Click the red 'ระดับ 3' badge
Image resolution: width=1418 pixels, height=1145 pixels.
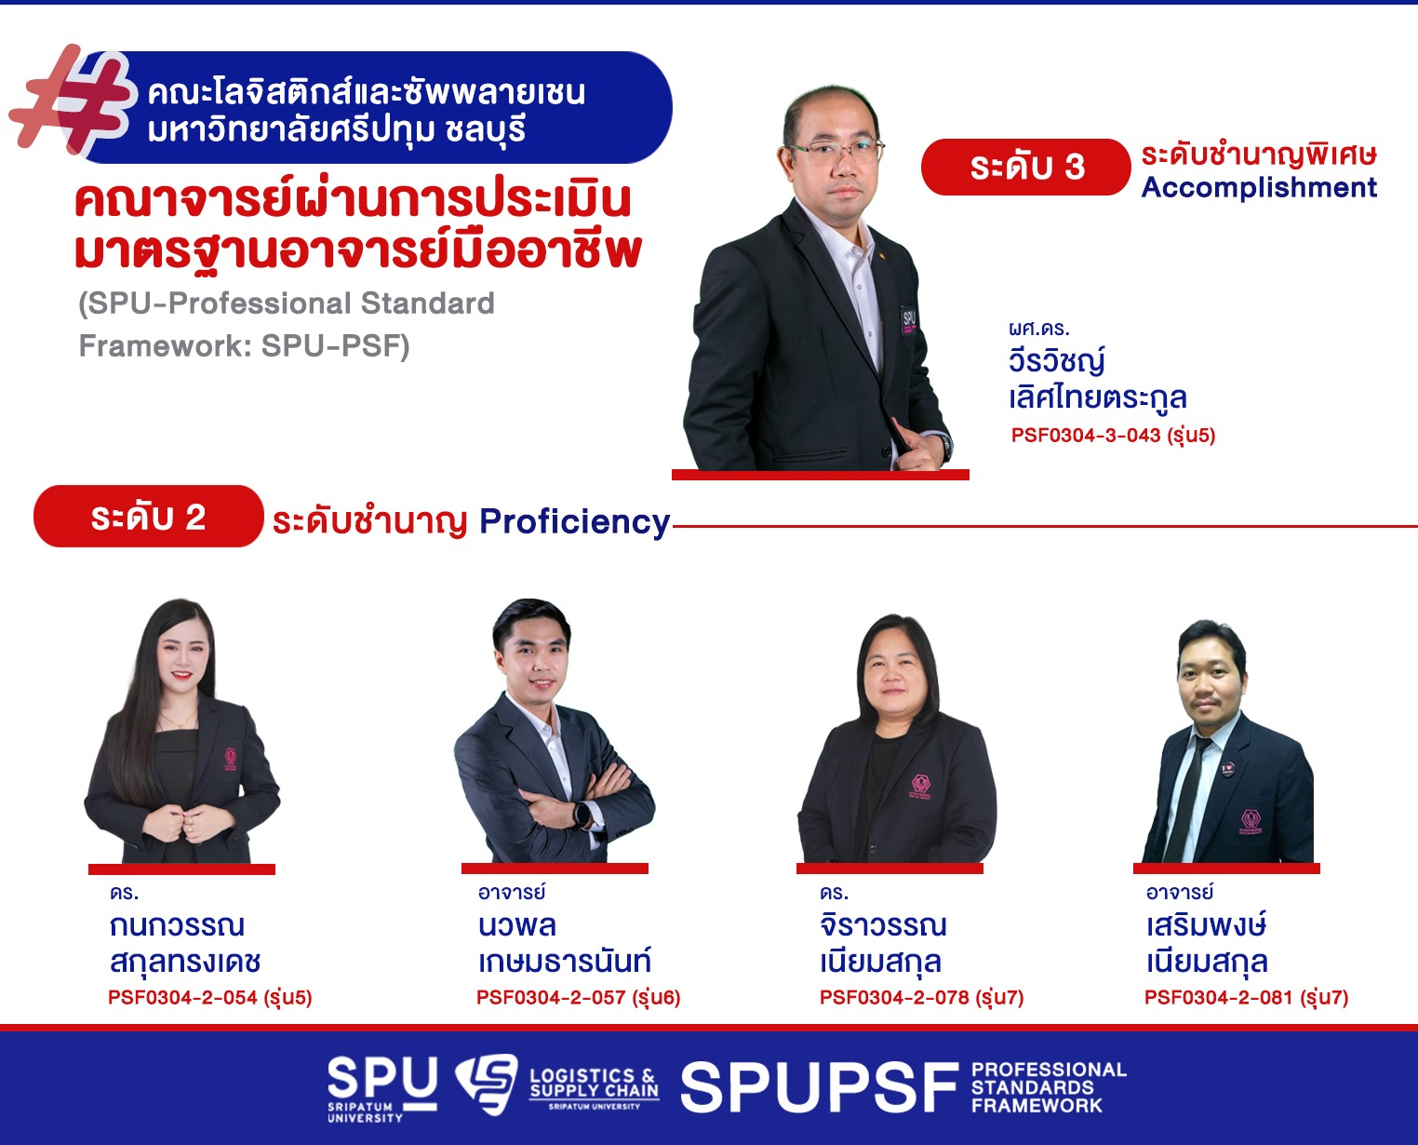click(x=1025, y=168)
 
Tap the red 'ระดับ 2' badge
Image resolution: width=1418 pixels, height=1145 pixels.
click(x=149, y=517)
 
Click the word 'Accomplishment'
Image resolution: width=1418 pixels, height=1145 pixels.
click(x=1259, y=188)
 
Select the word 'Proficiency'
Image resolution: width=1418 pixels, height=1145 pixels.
click(x=574, y=522)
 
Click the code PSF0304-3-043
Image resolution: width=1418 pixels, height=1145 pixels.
click(x=1086, y=435)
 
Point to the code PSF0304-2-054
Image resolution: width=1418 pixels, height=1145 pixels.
click(x=182, y=997)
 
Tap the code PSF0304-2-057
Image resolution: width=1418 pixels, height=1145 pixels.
click(x=551, y=997)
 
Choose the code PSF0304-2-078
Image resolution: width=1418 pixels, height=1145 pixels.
click(x=894, y=997)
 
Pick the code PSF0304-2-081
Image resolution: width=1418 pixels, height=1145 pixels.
click(x=1218, y=997)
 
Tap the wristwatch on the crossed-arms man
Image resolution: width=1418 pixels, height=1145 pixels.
click(x=582, y=814)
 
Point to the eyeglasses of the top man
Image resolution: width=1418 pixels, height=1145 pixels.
click(x=836, y=151)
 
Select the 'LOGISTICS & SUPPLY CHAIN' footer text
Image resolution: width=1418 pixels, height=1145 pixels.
click(x=594, y=1084)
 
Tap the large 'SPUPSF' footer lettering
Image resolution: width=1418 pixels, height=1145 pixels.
click(x=819, y=1087)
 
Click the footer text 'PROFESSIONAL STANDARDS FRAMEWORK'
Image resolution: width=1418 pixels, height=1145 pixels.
click(x=1049, y=1087)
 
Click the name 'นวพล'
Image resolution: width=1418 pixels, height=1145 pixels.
click(x=516, y=926)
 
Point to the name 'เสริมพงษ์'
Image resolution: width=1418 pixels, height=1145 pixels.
click(x=1206, y=924)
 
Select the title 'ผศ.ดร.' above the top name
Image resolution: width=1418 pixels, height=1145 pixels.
click(x=1038, y=329)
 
